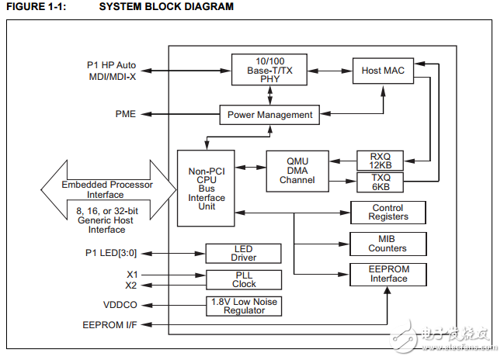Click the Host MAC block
pos(382,71)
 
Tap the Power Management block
pos(269,115)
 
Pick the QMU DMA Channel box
pos(297,171)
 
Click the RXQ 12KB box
pos(381,161)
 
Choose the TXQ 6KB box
pos(381,182)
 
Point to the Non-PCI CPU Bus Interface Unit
pos(206,187)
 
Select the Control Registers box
pos(388,212)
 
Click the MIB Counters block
pos(388,244)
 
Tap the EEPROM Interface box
pos(388,274)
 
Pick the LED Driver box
pos(243,252)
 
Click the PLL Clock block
pos(243,279)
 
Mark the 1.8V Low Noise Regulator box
pos(243,306)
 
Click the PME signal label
pos(125,114)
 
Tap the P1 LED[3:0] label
pos(110,253)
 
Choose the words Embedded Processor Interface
pos(107,190)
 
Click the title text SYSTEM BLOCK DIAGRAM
pos(166,7)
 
